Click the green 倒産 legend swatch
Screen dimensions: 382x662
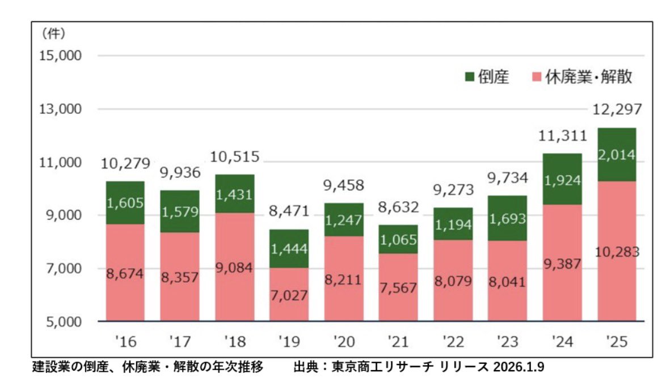pyautogui.click(x=469, y=78)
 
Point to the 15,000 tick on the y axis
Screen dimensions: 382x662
pyautogui.click(x=60, y=56)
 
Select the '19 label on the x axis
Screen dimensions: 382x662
pyautogui.click(x=289, y=342)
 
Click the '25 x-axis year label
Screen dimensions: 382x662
pyautogui.click(x=617, y=342)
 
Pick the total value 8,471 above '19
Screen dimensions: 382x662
pyautogui.click(x=289, y=212)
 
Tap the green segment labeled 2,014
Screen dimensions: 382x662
pyautogui.click(x=616, y=155)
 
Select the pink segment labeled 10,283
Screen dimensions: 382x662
pyautogui.click(x=616, y=252)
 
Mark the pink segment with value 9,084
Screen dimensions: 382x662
pyautogui.click(x=235, y=266)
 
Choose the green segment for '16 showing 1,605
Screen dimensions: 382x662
pyautogui.click(x=125, y=202)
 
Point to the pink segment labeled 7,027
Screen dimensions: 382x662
pyautogui.click(x=289, y=295)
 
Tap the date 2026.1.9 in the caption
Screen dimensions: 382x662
pyautogui.click(x=518, y=367)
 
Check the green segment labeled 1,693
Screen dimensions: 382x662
pyautogui.click(x=507, y=218)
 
